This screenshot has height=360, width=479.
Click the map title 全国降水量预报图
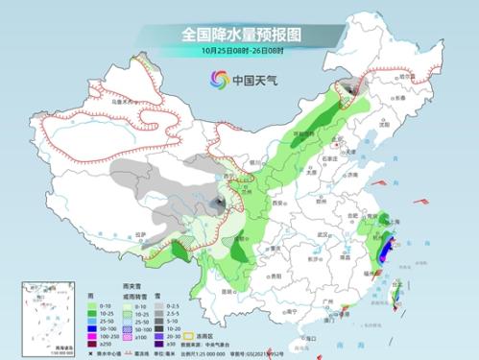coord(240,33)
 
